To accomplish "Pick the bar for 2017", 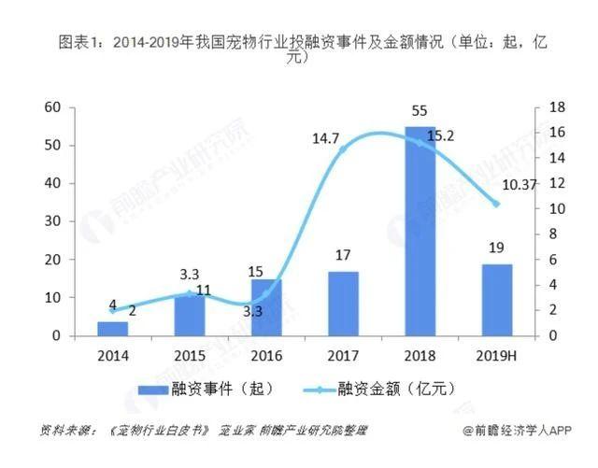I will [343, 303].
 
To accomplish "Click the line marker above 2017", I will [343, 149].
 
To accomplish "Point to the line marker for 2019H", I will [496, 204].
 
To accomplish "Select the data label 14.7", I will [327, 139].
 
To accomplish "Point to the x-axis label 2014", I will [113, 354].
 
